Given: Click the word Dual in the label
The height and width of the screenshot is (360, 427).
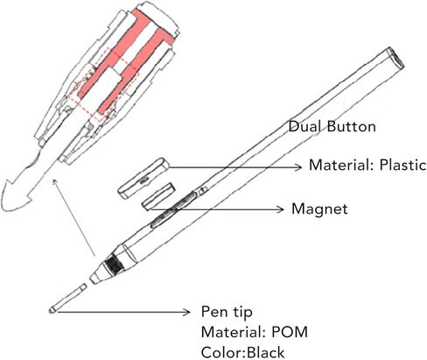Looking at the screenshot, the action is pos(305,127).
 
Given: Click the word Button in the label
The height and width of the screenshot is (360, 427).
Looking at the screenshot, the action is pos(352,127).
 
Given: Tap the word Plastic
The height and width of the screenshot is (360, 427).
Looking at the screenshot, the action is pos(402,166).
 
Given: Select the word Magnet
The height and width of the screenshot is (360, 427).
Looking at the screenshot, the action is pos(319,209).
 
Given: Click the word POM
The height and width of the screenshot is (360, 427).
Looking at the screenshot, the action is pos(290,332).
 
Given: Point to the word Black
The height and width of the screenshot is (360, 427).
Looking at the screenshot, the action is pos(265,352).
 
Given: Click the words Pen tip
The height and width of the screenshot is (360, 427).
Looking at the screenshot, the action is pos(227,312).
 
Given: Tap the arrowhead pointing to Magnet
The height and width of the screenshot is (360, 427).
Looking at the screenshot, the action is pos(280,209).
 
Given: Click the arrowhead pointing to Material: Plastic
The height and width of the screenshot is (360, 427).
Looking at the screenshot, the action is pos(298,167).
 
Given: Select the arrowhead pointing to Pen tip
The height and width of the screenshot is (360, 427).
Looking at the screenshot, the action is pos(186,312).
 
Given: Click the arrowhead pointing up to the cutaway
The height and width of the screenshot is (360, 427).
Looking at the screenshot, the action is pos(55,182).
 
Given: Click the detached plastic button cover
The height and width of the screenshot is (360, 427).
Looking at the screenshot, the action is pos(143,178).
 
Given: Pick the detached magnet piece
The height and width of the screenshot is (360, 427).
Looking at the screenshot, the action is pos(158,196).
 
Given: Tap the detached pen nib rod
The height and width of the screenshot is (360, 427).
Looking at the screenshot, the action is pos(68,298).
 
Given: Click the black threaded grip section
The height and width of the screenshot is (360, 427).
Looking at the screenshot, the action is pos(115,266).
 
